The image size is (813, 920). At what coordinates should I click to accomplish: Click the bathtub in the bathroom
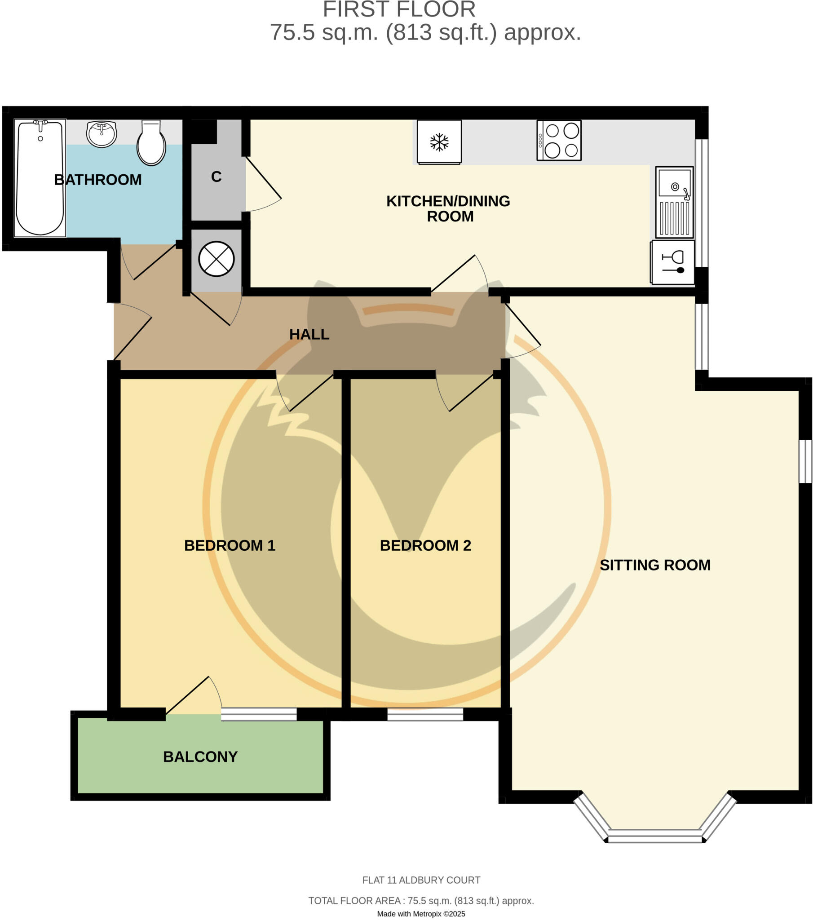pyautogui.click(x=40, y=178)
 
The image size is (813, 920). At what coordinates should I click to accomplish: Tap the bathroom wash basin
pyautogui.click(x=101, y=134)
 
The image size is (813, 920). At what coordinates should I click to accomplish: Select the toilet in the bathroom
pyautogui.click(x=151, y=143)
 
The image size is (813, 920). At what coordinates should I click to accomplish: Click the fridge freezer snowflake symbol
pyautogui.click(x=439, y=142)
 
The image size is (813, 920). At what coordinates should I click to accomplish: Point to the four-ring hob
pyautogui.click(x=559, y=140)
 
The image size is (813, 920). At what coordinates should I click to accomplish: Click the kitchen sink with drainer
pyautogui.click(x=674, y=202)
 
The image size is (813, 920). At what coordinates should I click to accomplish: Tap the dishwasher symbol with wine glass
pyautogui.click(x=672, y=262)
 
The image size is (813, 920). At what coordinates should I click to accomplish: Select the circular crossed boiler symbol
pyautogui.click(x=217, y=259)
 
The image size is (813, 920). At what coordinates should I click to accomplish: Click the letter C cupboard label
pyautogui.click(x=216, y=177)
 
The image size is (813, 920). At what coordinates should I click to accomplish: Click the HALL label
pyautogui.click(x=309, y=334)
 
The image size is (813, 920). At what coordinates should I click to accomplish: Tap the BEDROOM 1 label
pyautogui.click(x=230, y=545)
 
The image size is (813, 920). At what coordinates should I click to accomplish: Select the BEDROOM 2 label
pyautogui.click(x=425, y=545)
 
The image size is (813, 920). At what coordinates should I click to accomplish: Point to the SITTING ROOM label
pyautogui.click(x=654, y=565)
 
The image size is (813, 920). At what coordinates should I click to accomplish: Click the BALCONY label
pyautogui.click(x=200, y=756)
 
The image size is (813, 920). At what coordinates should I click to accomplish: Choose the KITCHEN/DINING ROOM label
pyautogui.click(x=448, y=208)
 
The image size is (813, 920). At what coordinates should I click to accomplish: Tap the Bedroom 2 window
pyautogui.click(x=425, y=714)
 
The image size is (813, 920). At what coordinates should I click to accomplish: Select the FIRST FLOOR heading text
pyautogui.click(x=399, y=10)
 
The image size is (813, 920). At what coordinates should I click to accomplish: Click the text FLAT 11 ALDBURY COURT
pyautogui.click(x=421, y=880)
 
